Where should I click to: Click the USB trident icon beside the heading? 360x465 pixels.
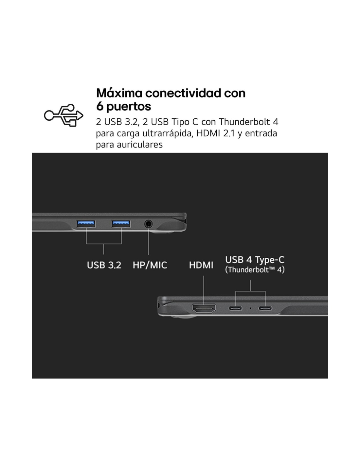tap(63, 115)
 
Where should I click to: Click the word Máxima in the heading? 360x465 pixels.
tap(119, 93)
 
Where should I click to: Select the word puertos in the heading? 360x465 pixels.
tap(129, 106)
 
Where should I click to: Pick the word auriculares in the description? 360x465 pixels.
tap(140, 145)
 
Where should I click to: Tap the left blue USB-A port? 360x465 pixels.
tap(86, 224)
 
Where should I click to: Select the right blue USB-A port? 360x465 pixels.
tap(121, 224)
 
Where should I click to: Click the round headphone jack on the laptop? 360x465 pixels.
tap(148, 224)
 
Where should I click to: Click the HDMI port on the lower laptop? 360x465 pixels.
tap(204, 308)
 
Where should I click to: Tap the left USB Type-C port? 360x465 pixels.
tap(235, 308)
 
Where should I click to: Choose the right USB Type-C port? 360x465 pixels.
tap(265, 308)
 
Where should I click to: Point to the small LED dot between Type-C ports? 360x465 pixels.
tap(250, 308)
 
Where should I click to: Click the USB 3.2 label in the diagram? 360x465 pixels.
tap(104, 265)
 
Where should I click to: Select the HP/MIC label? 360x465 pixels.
tap(150, 265)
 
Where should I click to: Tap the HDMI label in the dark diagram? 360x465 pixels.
tap(201, 265)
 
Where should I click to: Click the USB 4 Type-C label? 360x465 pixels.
tap(255, 260)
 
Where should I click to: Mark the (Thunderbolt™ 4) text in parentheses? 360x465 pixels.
tap(255, 270)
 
